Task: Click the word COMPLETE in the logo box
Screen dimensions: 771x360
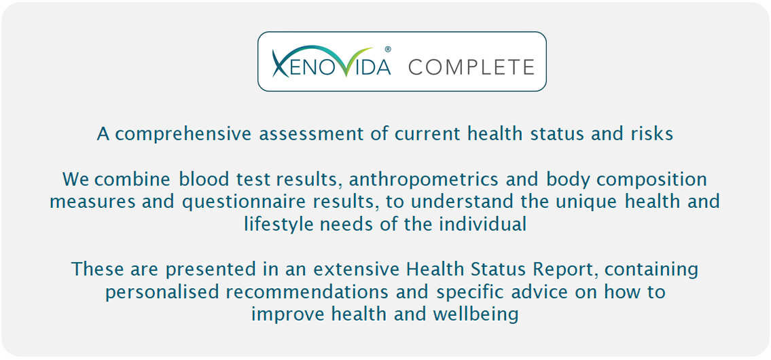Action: click(471, 67)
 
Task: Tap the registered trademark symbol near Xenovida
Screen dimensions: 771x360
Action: click(387, 49)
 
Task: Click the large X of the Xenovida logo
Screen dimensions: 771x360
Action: click(282, 63)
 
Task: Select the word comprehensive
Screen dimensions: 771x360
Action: click(184, 134)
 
